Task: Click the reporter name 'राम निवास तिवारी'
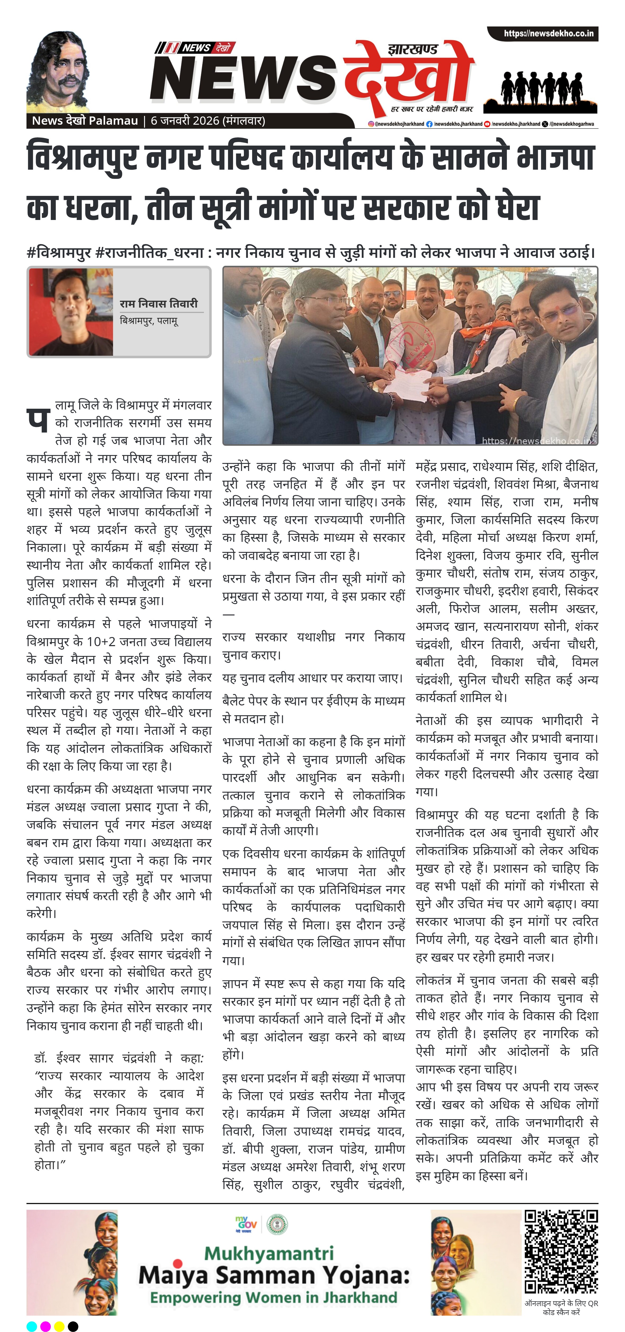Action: coord(158,304)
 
